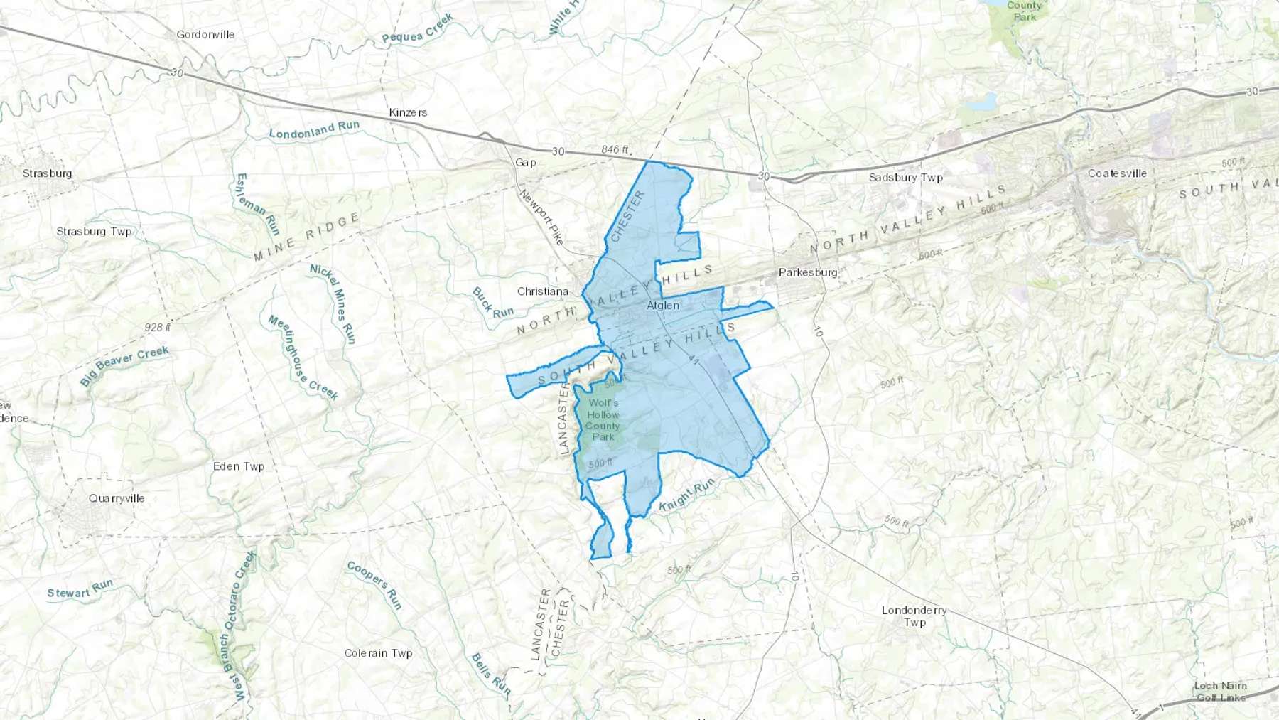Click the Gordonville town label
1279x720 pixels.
[x=205, y=34]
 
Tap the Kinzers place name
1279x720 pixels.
[x=408, y=112]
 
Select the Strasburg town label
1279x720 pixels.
[x=47, y=173]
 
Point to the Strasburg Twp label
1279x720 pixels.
[x=94, y=231]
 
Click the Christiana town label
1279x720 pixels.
[x=543, y=291]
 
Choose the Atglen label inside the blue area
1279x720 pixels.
[x=663, y=306]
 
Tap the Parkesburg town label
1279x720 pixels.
[x=808, y=272]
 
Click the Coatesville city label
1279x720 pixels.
[x=1117, y=173]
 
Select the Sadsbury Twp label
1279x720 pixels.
[x=905, y=177]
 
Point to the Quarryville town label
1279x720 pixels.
[x=117, y=498]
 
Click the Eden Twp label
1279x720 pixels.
[x=239, y=466]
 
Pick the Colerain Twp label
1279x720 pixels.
[x=378, y=653]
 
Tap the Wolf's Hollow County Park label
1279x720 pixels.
[x=603, y=419]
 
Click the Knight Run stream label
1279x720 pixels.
[x=686, y=495]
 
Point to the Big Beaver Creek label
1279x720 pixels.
[x=124, y=365]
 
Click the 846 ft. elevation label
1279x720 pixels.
[x=615, y=150]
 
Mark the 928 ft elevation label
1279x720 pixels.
[x=158, y=328]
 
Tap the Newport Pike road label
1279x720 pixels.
[x=541, y=217]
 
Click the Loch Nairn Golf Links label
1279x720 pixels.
[x=1220, y=691]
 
